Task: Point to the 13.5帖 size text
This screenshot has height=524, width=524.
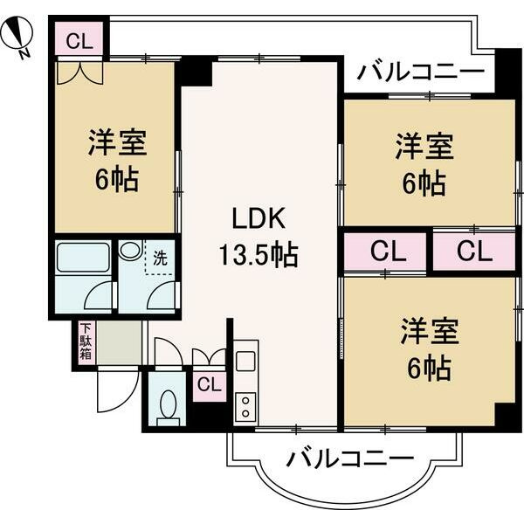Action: pyautogui.click(x=258, y=255)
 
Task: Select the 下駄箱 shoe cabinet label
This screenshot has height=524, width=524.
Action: pyautogui.click(x=86, y=341)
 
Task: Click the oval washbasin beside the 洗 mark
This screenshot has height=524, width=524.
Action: pyautogui.click(x=131, y=250)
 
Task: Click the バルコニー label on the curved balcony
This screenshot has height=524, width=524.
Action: pyautogui.click(x=348, y=457)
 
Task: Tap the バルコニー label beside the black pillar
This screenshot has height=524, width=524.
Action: pyautogui.click(x=421, y=70)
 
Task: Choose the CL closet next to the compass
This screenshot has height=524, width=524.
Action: pyautogui.click(x=79, y=39)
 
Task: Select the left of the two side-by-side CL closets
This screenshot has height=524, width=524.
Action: pyautogui.click(x=386, y=251)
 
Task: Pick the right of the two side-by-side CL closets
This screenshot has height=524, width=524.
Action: pyautogui.click(x=473, y=251)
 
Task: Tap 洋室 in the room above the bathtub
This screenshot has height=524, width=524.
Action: pyautogui.click(x=116, y=141)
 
